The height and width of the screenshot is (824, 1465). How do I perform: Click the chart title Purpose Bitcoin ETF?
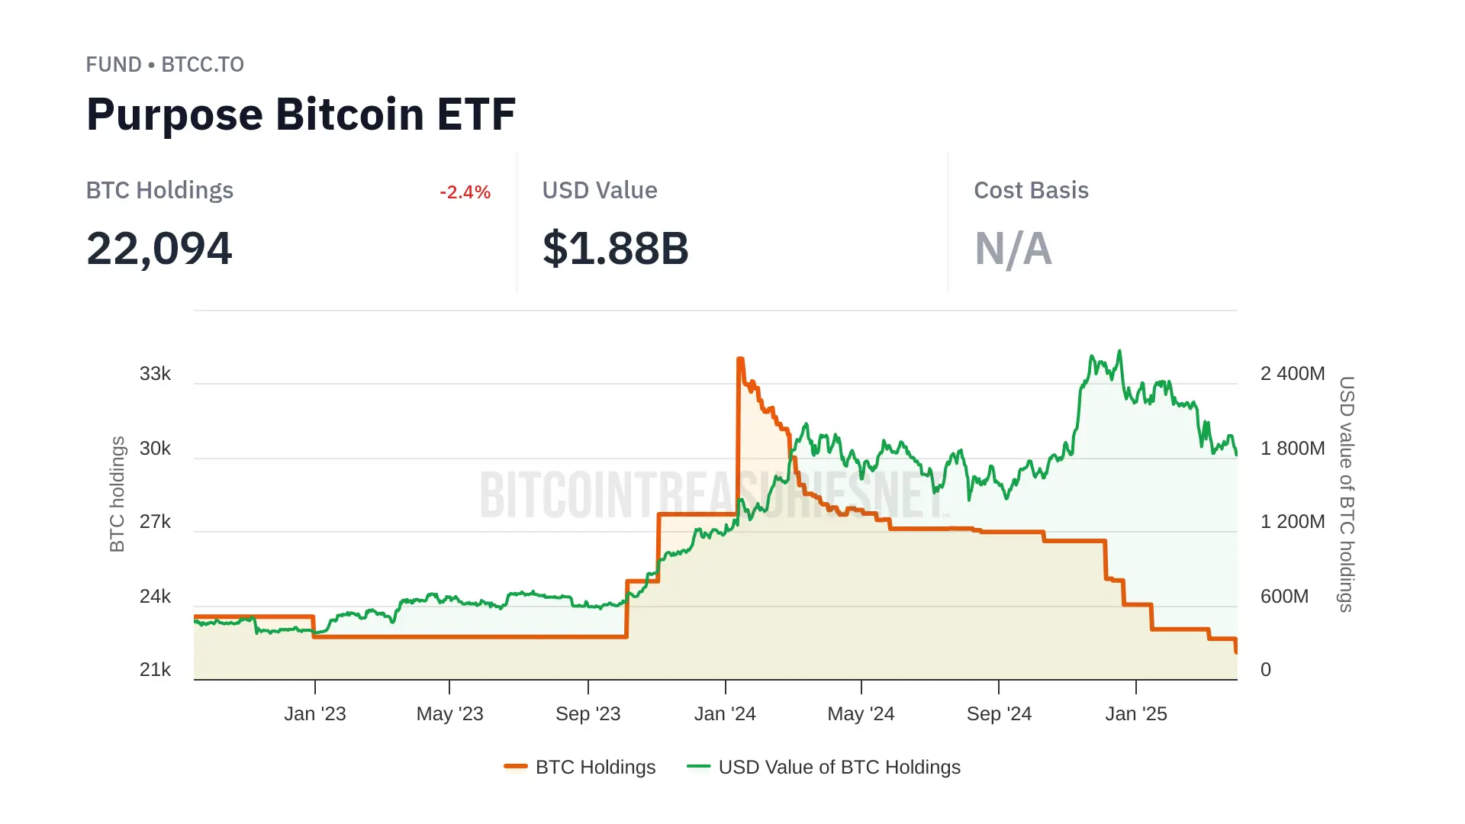tap(301, 114)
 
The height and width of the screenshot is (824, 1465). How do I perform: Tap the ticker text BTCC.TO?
tap(202, 65)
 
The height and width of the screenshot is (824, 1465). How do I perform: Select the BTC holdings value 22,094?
tap(159, 249)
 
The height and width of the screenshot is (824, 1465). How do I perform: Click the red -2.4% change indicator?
tap(465, 192)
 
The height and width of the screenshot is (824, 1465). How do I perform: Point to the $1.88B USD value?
tap(615, 249)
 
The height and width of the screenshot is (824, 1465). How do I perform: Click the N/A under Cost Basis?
tap(1013, 249)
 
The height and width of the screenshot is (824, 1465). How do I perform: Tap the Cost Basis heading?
tap(1031, 191)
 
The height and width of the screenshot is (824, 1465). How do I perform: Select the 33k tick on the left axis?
tap(155, 374)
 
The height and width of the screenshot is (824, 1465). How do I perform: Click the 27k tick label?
tap(155, 522)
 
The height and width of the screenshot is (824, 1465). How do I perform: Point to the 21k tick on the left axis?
tap(155, 670)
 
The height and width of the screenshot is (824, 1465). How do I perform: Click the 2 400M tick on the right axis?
tap(1292, 374)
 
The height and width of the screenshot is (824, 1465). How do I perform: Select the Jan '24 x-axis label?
tap(725, 714)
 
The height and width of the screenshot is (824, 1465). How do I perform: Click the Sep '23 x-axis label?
tap(588, 714)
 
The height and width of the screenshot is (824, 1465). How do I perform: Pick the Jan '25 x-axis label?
tap(1135, 714)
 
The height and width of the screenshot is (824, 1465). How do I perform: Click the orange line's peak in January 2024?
tap(740, 359)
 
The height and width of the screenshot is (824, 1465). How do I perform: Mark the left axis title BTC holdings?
tap(117, 494)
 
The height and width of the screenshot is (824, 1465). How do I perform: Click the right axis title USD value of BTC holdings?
tap(1347, 494)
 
